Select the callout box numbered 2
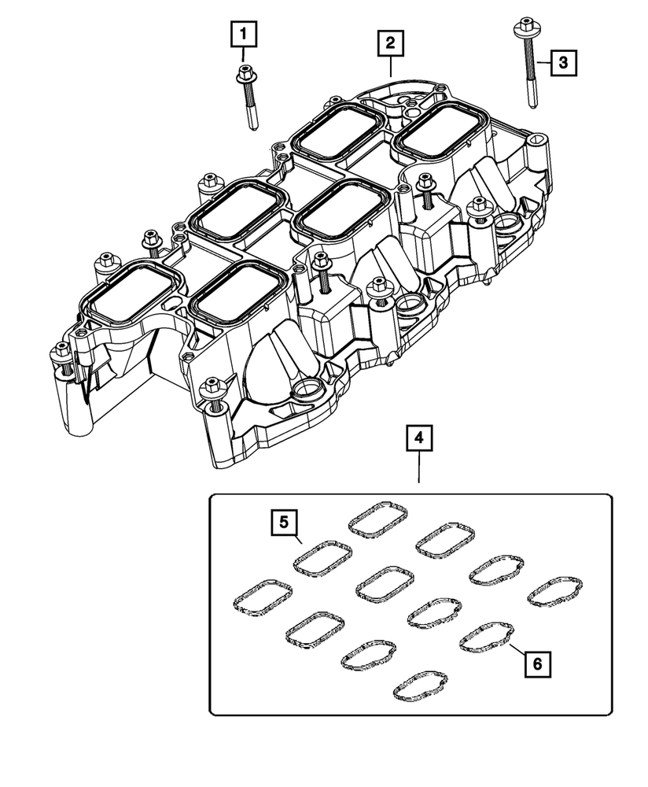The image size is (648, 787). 389,43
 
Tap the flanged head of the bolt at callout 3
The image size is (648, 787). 522,31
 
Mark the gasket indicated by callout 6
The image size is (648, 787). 487,638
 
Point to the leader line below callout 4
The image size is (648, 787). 419,468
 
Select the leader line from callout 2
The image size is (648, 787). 391,67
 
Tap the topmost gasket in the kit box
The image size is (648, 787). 378,519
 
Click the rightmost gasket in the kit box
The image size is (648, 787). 554,592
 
